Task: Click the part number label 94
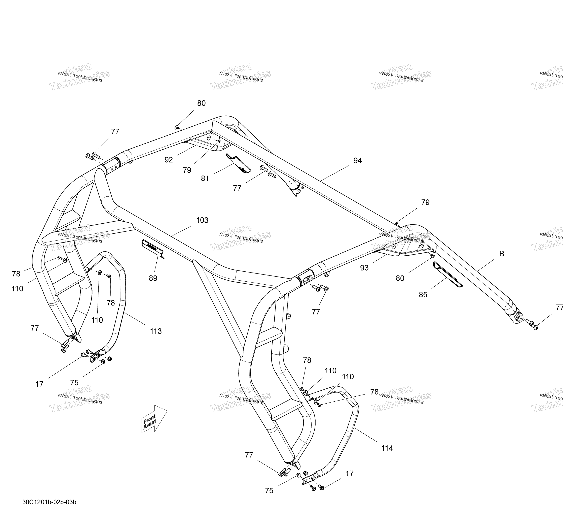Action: click(x=357, y=161)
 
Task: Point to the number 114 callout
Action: click(x=387, y=448)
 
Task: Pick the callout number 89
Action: click(x=153, y=278)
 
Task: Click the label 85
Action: click(x=423, y=295)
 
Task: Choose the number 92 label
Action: click(x=169, y=160)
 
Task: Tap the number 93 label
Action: click(x=364, y=268)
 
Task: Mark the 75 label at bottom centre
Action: click(x=269, y=491)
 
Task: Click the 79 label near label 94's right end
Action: click(x=425, y=202)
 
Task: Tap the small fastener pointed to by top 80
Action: click(x=176, y=127)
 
